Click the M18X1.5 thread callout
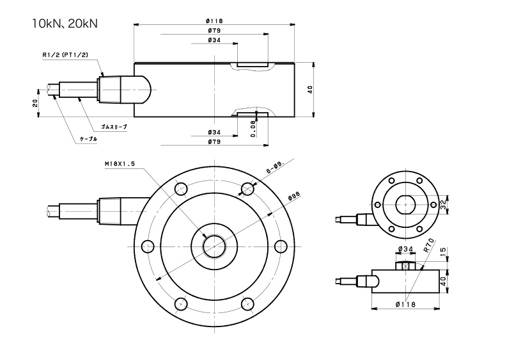point(120,165)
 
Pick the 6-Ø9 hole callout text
point(275,168)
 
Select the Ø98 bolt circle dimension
point(295,195)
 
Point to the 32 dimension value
point(443,205)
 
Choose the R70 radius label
point(429,244)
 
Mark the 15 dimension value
point(443,253)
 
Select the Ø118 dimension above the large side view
point(214,21)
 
